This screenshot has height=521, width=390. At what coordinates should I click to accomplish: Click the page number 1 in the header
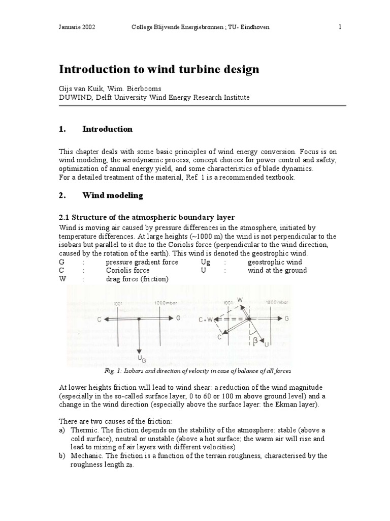point(339,27)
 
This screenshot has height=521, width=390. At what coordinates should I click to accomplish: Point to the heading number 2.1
point(67,218)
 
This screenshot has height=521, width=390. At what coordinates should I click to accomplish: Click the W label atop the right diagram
point(240,299)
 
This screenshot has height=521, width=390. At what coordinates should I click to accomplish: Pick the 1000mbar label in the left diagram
point(165,303)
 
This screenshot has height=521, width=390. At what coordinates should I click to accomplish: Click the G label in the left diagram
point(178,319)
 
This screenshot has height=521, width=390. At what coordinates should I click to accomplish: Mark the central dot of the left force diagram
point(139,319)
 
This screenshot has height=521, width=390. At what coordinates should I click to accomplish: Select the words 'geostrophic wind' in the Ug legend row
point(274,262)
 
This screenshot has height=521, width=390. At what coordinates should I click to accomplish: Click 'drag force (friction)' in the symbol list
point(137,278)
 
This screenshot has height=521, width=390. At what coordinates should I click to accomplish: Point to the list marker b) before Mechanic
point(62,455)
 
